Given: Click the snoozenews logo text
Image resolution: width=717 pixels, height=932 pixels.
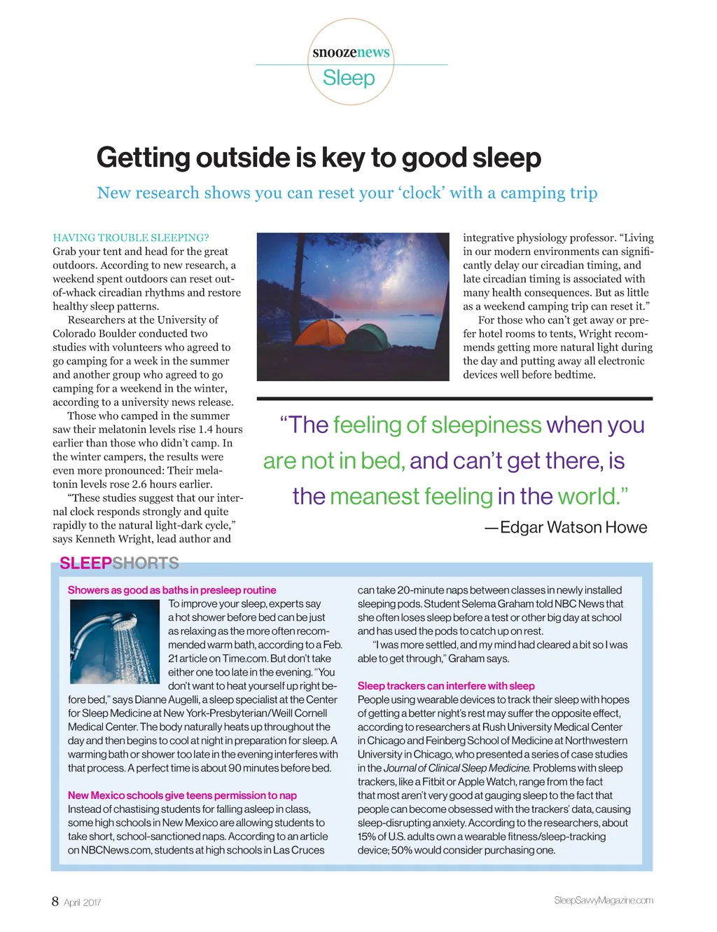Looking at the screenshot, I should click(x=351, y=53).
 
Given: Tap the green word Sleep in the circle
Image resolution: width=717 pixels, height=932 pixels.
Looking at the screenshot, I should click(x=349, y=78).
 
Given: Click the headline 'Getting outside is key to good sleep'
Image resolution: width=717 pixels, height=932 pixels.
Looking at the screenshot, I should click(x=319, y=158).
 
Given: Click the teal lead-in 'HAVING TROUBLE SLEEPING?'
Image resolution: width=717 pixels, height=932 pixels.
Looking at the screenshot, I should click(x=131, y=238).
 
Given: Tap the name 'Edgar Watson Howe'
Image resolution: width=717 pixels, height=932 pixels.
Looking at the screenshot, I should click(x=573, y=527).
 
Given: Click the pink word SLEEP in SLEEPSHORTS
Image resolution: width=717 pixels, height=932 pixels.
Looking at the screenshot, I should click(x=85, y=563).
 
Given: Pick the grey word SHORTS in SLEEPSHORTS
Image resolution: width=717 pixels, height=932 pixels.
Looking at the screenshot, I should click(x=146, y=563).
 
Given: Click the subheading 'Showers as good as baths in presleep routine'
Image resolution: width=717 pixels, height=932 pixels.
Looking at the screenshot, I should click(x=172, y=590).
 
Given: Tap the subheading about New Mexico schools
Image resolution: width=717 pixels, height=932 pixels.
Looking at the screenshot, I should click(x=182, y=795).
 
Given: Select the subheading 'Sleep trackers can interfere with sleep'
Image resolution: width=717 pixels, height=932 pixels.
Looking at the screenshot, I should click(x=446, y=686).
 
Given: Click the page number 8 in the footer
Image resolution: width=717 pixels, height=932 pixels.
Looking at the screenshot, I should click(x=55, y=901).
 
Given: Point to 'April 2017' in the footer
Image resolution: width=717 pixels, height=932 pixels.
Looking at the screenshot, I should click(x=83, y=903).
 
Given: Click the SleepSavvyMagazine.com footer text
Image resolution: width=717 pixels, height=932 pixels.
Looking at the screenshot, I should click(x=603, y=900).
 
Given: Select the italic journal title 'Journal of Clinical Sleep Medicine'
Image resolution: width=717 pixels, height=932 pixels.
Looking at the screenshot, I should click(x=457, y=768).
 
